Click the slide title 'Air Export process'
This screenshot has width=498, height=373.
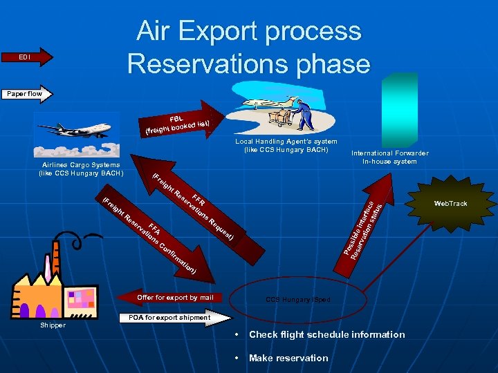click(248, 31)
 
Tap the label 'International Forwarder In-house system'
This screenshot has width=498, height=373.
click(389, 157)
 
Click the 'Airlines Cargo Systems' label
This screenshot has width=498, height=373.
click(81, 169)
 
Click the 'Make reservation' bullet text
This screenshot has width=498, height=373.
click(288, 358)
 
